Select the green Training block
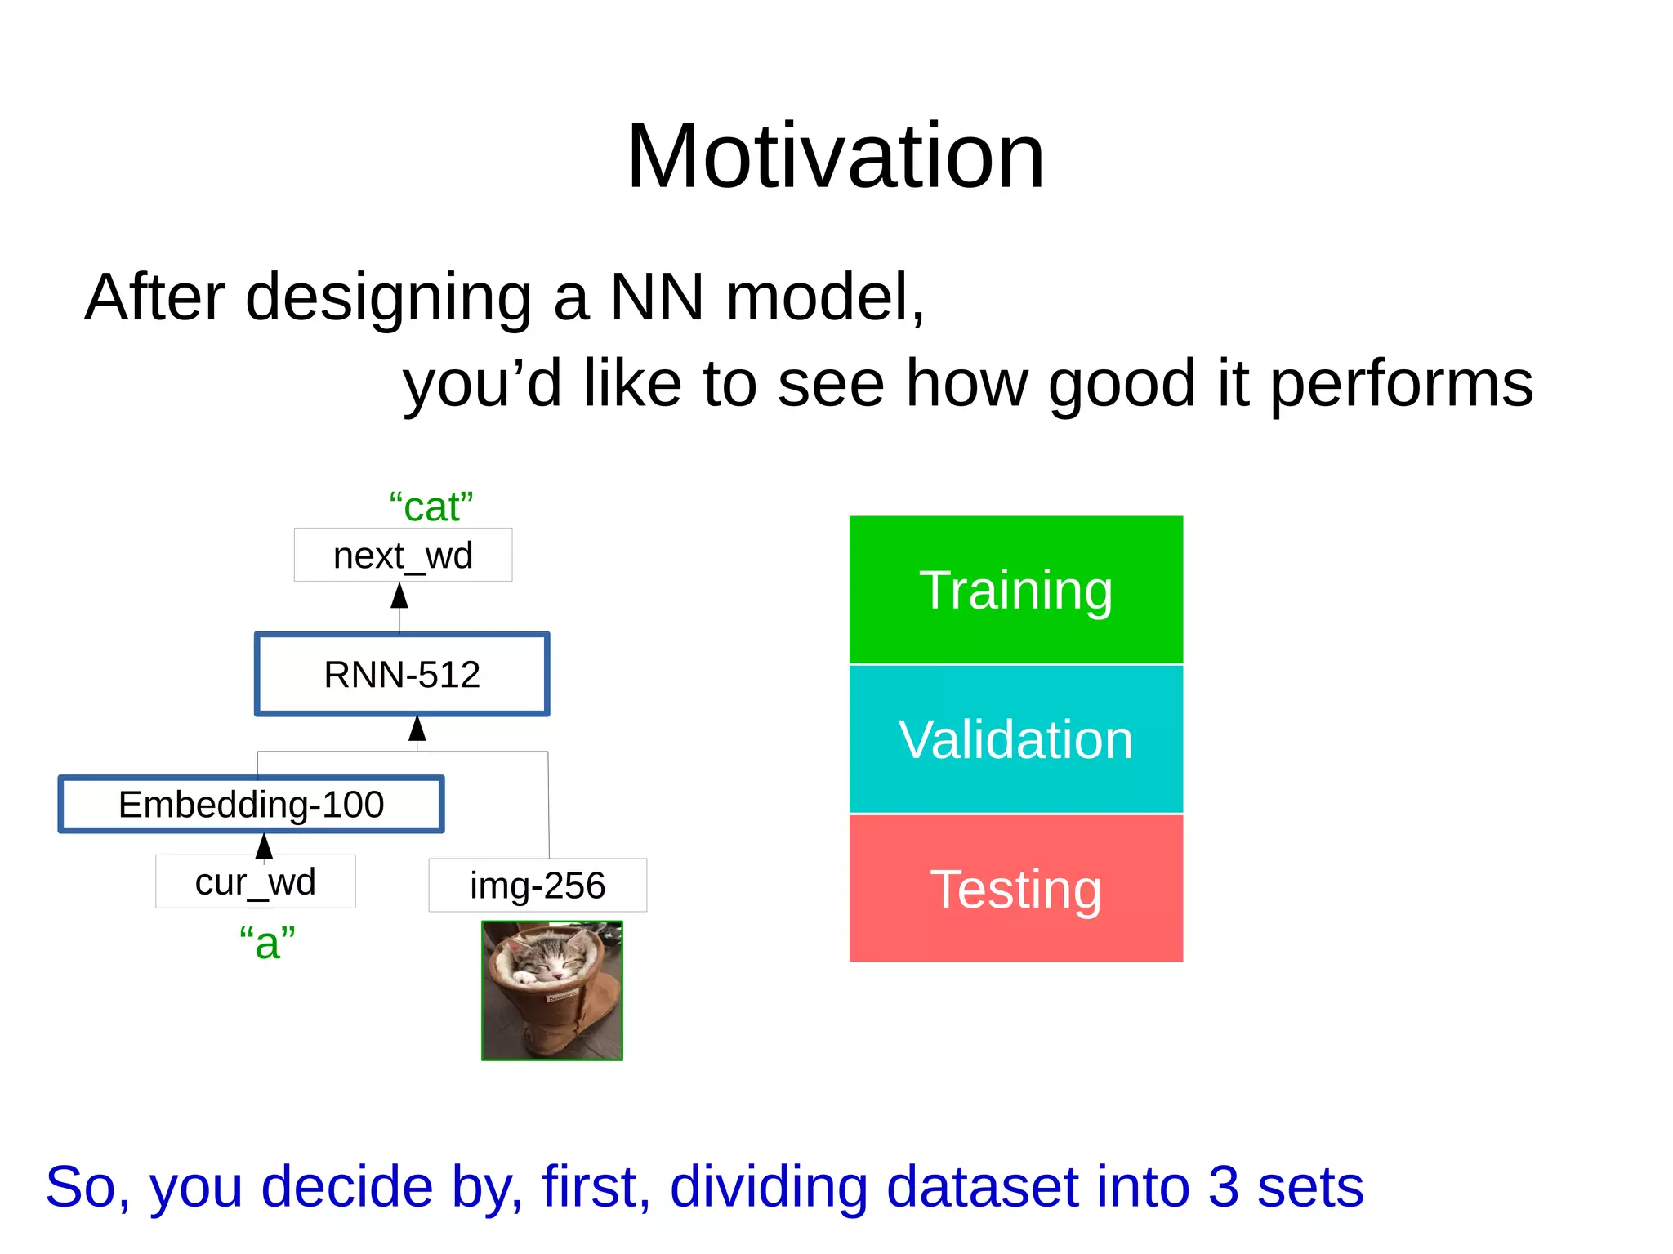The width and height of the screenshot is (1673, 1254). [1015, 589]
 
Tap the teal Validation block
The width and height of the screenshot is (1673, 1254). [1015, 739]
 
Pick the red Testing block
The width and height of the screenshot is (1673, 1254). [1015, 888]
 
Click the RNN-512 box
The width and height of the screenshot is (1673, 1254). [402, 674]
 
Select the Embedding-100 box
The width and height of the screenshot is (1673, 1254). [252, 805]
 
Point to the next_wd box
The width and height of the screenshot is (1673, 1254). [403, 556]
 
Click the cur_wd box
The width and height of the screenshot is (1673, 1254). [255, 881]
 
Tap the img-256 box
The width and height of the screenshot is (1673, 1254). [538, 886]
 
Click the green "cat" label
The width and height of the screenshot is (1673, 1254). [431, 507]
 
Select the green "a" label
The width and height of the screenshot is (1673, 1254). [267, 943]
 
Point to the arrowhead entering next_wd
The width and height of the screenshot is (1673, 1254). [399, 596]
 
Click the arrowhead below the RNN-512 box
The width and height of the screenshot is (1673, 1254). [417, 728]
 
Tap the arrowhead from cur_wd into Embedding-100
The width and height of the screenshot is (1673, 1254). [264, 846]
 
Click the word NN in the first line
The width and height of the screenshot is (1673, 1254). [657, 297]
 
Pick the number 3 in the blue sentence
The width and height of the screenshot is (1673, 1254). [1223, 1186]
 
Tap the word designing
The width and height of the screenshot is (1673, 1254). [389, 298]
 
